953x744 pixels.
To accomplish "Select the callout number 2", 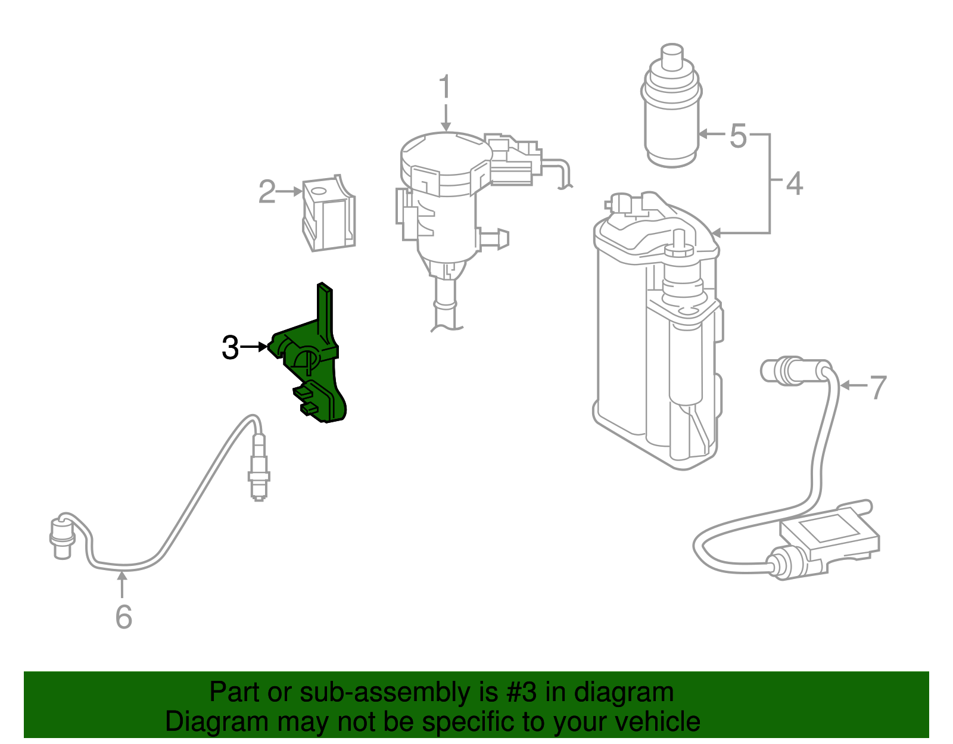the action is click(267, 192).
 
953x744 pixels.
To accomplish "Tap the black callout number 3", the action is click(231, 348).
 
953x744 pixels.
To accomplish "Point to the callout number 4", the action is click(795, 183).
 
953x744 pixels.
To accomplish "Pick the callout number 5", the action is click(738, 136).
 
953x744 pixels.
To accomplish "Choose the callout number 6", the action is click(124, 617).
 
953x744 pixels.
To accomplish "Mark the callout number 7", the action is click(877, 388).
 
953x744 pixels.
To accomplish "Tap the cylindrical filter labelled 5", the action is click(671, 105).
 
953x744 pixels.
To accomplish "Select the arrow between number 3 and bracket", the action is click(254, 347).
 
